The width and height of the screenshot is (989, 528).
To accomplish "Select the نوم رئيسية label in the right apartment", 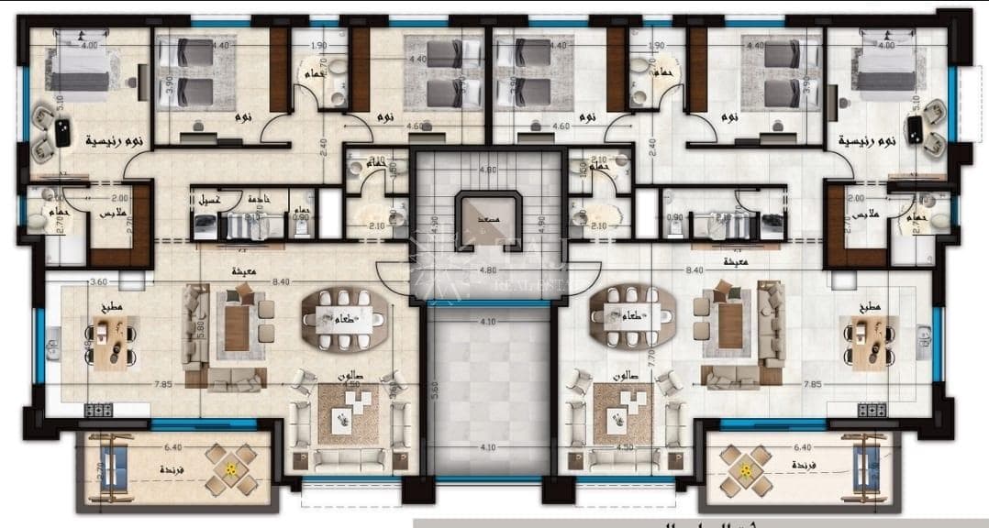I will tap(866, 141).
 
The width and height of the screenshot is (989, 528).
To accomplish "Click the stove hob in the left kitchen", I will tap(99, 410).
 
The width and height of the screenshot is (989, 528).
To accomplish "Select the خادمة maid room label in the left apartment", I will tap(257, 198).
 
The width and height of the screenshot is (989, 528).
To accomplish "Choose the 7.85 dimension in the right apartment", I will tap(811, 385).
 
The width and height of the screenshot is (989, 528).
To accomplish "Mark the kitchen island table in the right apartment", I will tap(867, 346).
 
